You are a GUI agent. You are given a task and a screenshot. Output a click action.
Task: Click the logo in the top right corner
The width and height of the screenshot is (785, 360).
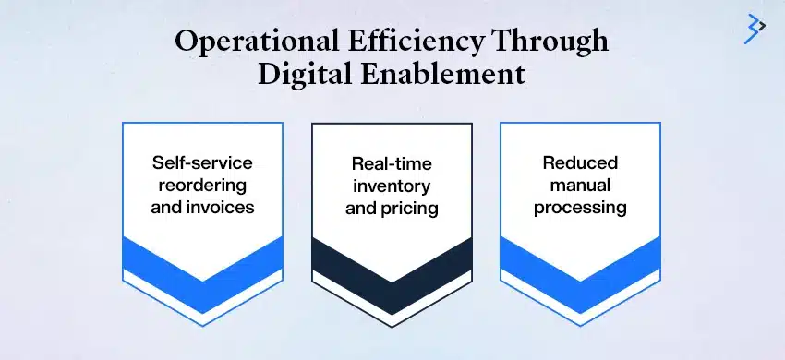click(755, 29)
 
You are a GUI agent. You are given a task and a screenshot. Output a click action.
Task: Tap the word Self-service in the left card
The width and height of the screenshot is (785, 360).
click(202, 163)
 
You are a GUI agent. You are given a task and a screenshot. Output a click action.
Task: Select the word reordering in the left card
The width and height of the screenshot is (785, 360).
click(202, 186)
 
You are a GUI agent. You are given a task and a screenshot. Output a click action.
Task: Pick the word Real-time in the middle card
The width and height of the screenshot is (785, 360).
click(391, 164)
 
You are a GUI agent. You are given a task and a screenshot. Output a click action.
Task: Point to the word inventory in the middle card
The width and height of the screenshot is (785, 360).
click(391, 186)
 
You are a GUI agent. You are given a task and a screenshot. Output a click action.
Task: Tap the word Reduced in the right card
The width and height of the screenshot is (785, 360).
click(580, 163)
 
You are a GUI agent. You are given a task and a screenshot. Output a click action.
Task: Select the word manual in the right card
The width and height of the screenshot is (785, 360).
click(580, 186)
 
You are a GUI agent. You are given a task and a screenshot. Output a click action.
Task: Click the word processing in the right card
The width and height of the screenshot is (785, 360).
click(580, 208)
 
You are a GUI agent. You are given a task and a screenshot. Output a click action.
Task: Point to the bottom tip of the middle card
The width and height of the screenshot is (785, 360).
click(392, 313)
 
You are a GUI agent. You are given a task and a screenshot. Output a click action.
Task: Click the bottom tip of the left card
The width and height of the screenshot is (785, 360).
click(202, 313)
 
